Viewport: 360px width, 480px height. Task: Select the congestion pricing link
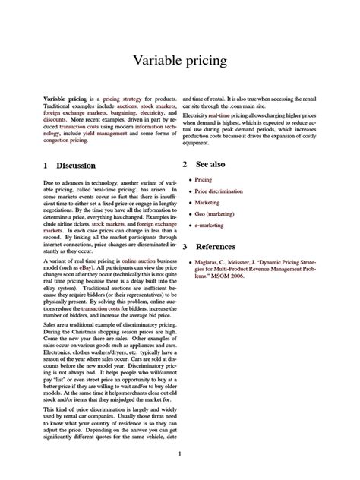(62, 142)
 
